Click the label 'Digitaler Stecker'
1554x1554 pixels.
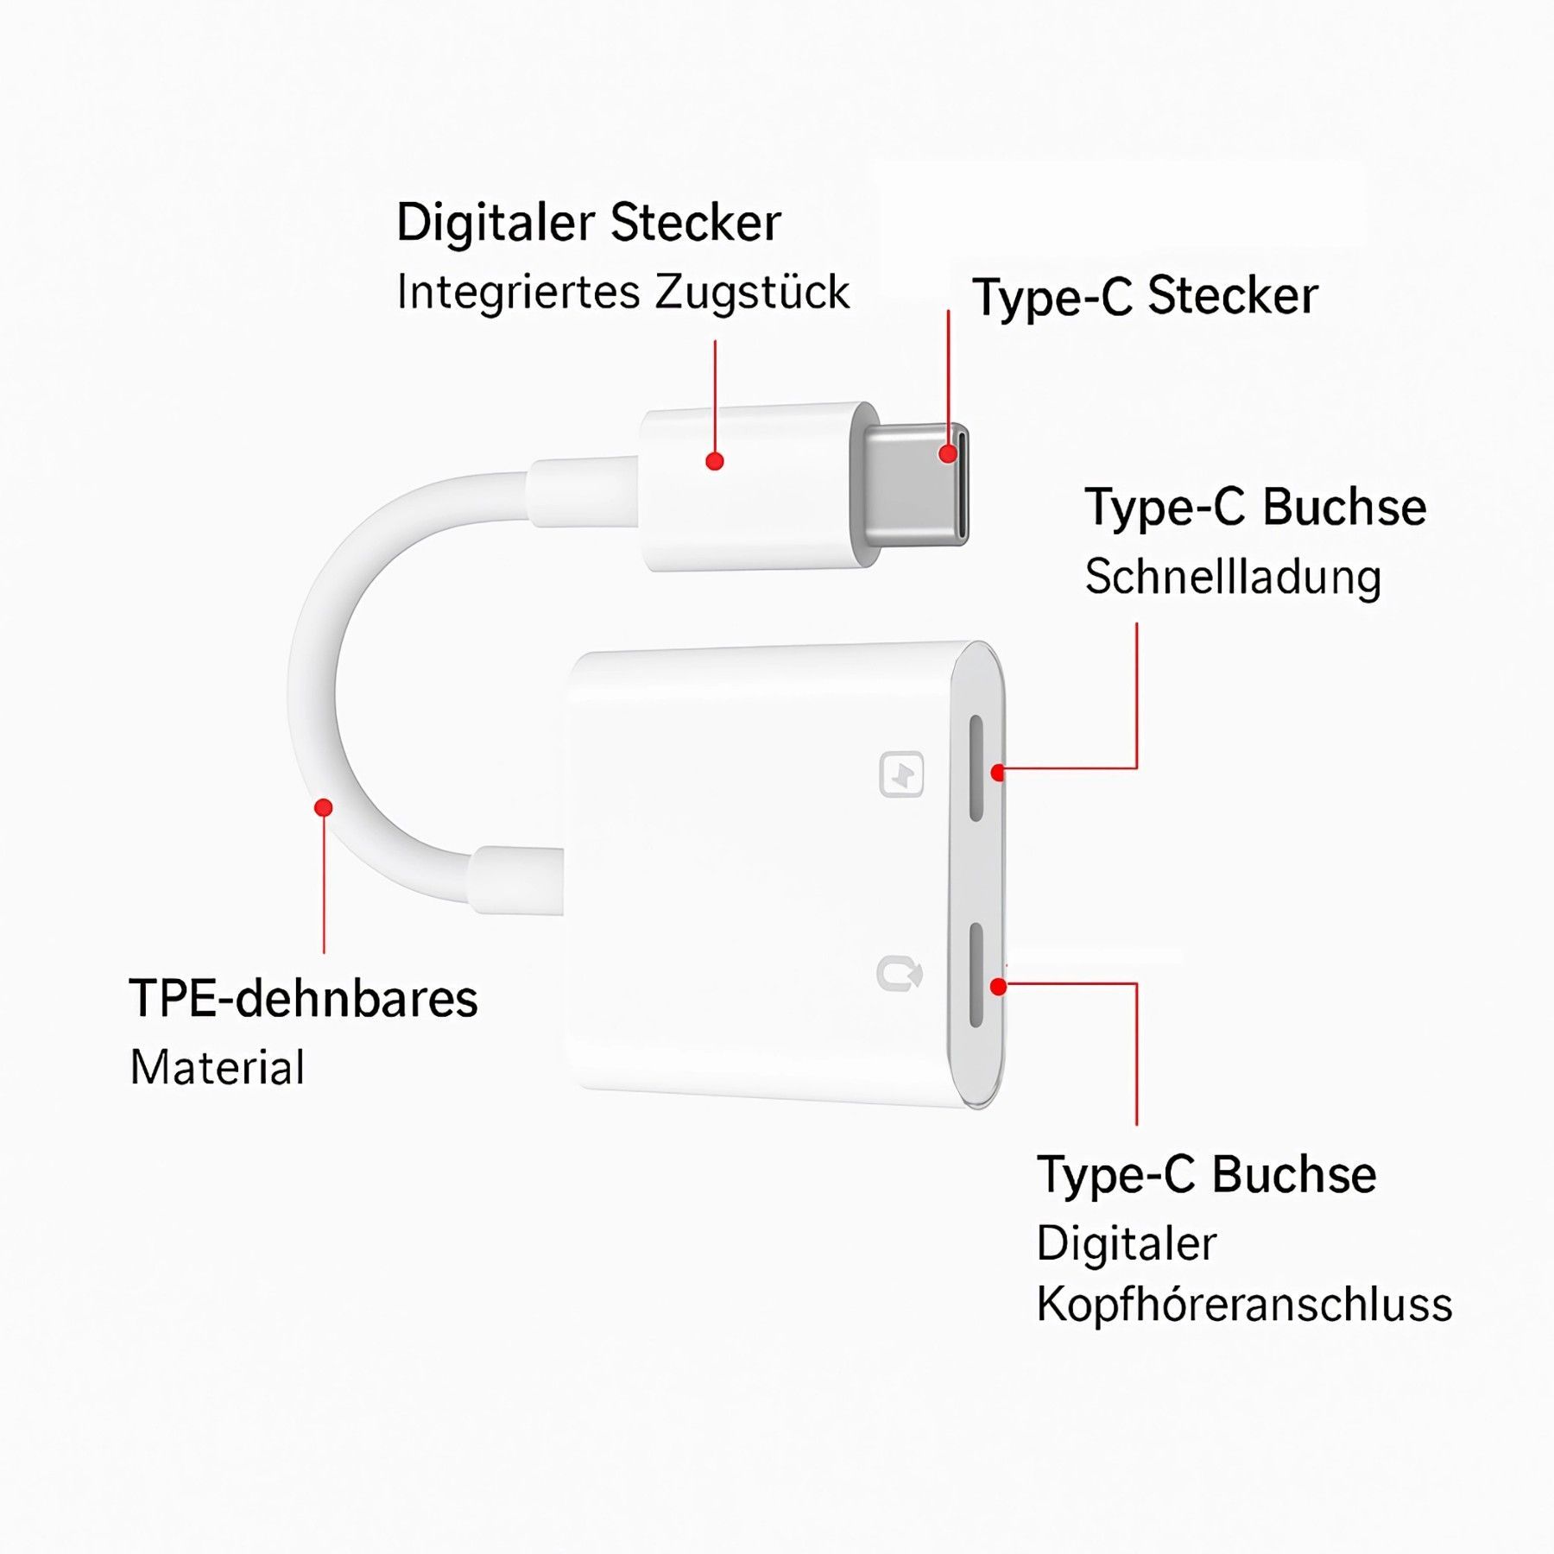[588, 223]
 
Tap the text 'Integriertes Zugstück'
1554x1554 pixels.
[622, 292]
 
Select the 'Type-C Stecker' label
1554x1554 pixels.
[1145, 297]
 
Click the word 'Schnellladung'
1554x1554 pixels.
[1233, 577]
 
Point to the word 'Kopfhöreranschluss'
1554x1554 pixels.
[1244, 1304]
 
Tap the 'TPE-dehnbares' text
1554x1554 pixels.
[303, 999]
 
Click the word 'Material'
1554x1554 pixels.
[218, 1068]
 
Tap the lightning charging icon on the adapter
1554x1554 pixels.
[901, 774]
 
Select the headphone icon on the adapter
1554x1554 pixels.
[900, 974]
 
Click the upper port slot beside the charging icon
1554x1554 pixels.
[976, 768]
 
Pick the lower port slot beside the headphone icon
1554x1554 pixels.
[976, 976]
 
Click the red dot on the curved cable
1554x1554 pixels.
[324, 807]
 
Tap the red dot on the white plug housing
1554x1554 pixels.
[714, 461]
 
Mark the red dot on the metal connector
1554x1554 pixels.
[948, 454]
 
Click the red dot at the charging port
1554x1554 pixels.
[999, 773]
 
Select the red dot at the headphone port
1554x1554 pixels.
[999, 986]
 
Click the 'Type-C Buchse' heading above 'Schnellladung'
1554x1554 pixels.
[1255, 508]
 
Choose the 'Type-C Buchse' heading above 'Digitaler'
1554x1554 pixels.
[1206, 1175]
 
